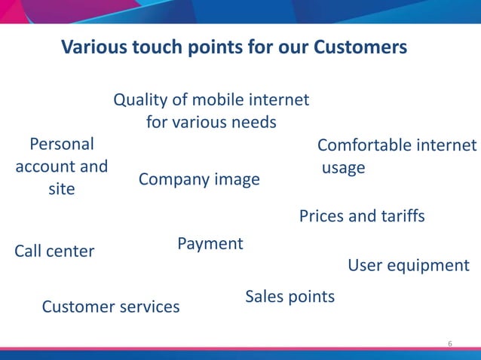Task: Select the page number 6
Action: click(450, 344)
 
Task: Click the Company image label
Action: click(199, 180)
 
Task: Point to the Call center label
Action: click(54, 251)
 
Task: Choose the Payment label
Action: click(210, 244)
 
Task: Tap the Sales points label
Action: click(290, 297)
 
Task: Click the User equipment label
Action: click(408, 266)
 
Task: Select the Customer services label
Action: click(110, 307)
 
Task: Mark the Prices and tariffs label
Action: click(362, 217)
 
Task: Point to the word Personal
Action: click(61, 144)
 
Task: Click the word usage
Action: click(343, 167)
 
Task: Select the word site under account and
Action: click(61, 189)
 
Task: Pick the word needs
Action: click(253, 122)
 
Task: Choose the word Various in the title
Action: click(90, 47)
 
